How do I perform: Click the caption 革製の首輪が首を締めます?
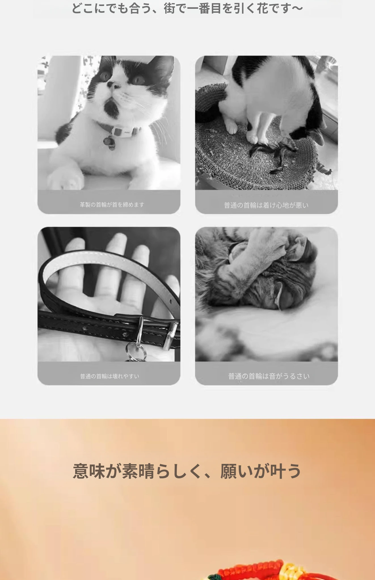tap(112, 204)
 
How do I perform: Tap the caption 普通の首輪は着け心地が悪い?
tap(266, 205)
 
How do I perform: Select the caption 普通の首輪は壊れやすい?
tap(109, 376)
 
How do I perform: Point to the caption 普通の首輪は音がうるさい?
tap(269, 376)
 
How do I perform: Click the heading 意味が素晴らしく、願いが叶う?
tap(187, 471)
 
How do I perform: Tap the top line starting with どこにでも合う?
tap(187, 8)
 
